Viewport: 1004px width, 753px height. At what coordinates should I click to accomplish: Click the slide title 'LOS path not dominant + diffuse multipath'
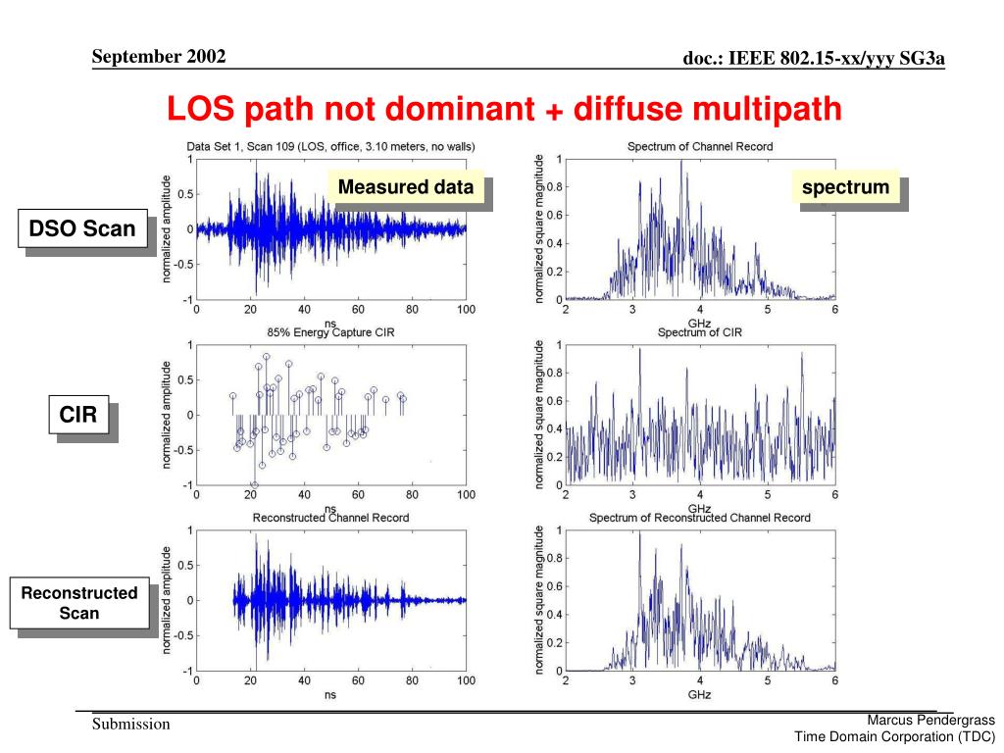504,109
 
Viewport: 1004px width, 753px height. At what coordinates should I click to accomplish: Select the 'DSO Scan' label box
82,229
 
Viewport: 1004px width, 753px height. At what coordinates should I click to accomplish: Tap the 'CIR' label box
78,416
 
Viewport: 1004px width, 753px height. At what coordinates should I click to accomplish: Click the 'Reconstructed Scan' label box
79,603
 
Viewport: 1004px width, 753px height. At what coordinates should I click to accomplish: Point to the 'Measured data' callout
406,187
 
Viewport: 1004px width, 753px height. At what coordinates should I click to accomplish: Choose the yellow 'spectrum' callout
845,187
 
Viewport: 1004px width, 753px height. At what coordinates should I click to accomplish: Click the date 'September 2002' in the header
159,56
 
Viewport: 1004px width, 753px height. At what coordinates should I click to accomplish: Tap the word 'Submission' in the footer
131,725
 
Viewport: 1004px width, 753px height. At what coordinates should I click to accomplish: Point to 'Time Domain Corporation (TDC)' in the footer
894,737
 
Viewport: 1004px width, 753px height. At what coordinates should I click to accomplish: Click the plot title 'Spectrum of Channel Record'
700,147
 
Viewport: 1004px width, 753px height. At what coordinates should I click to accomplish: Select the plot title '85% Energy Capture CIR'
330,332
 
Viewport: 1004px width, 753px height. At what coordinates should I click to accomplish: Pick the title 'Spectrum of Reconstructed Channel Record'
700,518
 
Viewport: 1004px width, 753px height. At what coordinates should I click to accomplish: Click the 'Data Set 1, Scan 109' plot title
331,147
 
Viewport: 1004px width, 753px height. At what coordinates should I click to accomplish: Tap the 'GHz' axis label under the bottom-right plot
699,694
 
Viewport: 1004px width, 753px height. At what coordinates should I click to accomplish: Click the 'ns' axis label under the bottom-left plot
330,694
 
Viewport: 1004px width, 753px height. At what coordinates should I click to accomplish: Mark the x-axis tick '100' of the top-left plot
466,310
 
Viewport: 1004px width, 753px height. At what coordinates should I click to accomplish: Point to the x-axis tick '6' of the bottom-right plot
834,681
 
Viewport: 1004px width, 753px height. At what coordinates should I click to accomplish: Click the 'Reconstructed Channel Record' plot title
330,518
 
